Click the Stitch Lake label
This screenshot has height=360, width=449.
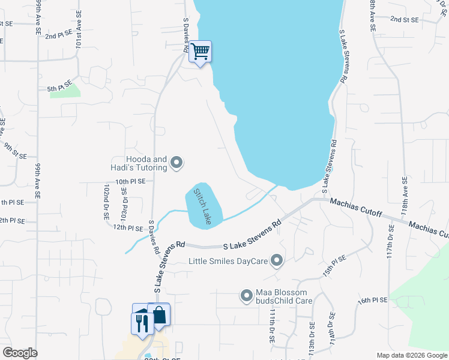pyautogui.click(x=202, y=205)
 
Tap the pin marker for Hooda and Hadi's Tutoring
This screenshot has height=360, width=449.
pyautogui.click(x=176, y=163)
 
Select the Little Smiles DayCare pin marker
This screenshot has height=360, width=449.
pyautogui.click(x=277, y=260)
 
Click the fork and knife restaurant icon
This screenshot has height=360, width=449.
pyautogui.click(x=142, y=323)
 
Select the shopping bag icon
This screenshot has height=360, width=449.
pyautogui.click(x=160, y=314)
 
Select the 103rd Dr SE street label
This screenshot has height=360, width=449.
pyautogui.click(x=125, y=201)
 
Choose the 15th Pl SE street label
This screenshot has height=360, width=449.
pyautogui.click(x=335, y=265)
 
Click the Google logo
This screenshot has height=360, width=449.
pyautogui.click(x=20, y=353)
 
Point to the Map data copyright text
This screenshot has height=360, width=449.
pyautogui.click(x=412, y=355)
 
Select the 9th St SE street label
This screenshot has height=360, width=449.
pyautogui.click(x=16, y=150)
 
